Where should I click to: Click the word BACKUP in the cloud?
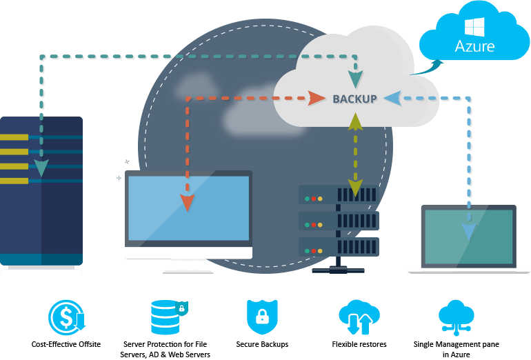(x=354, y=99)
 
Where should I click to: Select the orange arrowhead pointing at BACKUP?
(x=316, y=98)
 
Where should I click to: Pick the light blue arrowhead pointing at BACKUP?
(x=391, y=98)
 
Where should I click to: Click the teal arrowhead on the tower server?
(x=42, y=168)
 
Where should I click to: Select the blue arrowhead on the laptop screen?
(x=469, y=230)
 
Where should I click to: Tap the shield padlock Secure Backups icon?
(x=261, y=317)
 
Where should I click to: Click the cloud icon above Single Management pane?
(x=456, y=317)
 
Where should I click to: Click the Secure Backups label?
(x=261, y=343)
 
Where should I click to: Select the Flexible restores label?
(x=359, y=343)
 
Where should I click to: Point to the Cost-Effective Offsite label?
(x=66, y=343)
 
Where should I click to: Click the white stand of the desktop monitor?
(x=188, y=266)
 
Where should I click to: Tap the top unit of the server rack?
(x=338, y=195)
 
